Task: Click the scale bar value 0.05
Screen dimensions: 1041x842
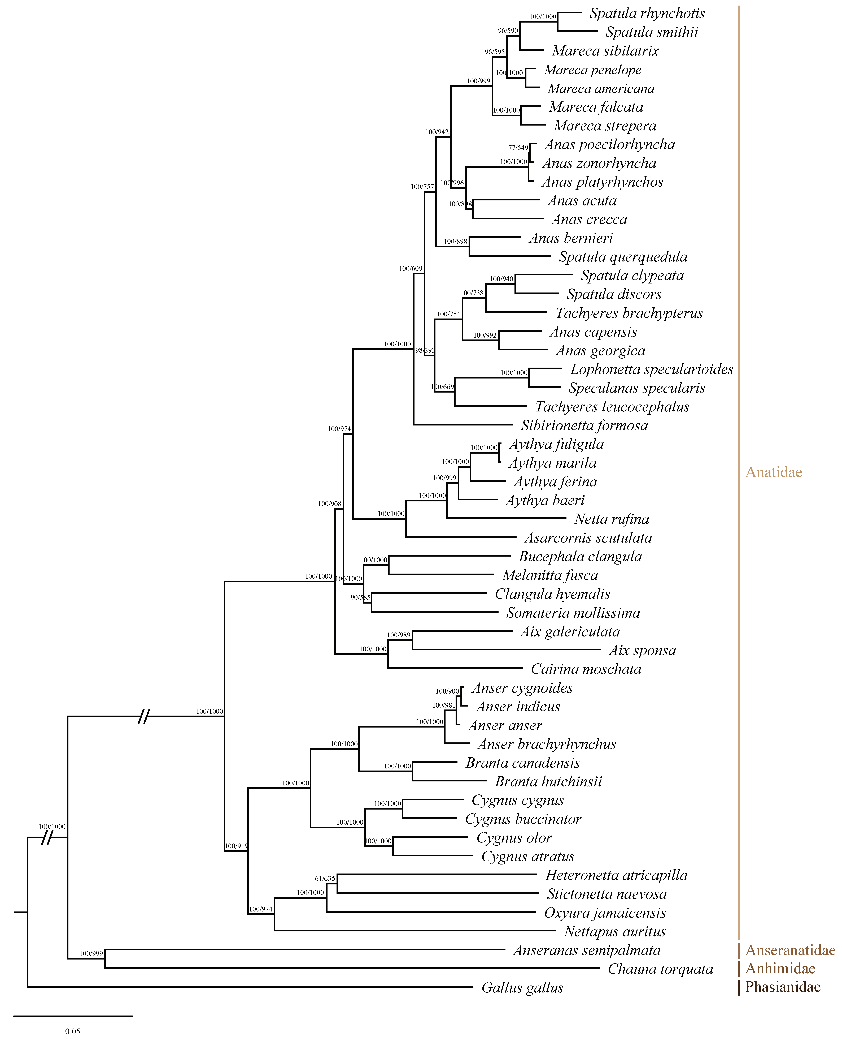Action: [x=73, y=1031]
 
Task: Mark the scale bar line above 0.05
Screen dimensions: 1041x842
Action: [x=73, y=1016]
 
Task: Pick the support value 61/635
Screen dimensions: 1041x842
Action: [x=325, y=878]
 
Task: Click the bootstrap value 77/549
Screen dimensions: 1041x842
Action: [x=518, y=148]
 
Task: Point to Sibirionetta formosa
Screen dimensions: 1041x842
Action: [x=584, y=426]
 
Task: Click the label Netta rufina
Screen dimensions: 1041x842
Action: [x=612, y=519]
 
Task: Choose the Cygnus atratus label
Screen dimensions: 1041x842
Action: [x=528, y=857]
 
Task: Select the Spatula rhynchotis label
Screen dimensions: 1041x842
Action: [x=647, y=14]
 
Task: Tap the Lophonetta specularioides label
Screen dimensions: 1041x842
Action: [x=651, y=369]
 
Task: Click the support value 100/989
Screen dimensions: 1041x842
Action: [x=399, y=635]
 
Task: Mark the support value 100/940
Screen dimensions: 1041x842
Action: [x=501, y=279]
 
